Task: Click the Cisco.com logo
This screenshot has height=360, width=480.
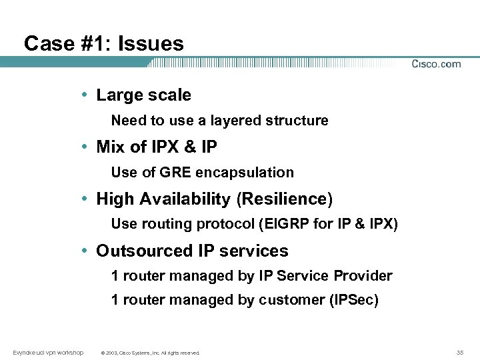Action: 436,64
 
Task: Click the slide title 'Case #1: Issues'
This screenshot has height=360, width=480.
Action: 103,44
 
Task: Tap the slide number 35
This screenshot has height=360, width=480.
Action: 460,352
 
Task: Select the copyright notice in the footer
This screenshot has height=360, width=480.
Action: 150,353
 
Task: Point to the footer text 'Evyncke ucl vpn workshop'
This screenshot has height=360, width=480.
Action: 48,352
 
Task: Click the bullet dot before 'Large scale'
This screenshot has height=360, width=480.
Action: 87,95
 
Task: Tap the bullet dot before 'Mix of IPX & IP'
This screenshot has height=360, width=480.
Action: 87,146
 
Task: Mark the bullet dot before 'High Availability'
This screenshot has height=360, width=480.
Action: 87,199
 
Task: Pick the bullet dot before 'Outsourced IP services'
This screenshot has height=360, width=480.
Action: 87,251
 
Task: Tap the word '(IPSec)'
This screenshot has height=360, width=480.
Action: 354,300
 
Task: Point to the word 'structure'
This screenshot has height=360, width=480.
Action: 297,121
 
